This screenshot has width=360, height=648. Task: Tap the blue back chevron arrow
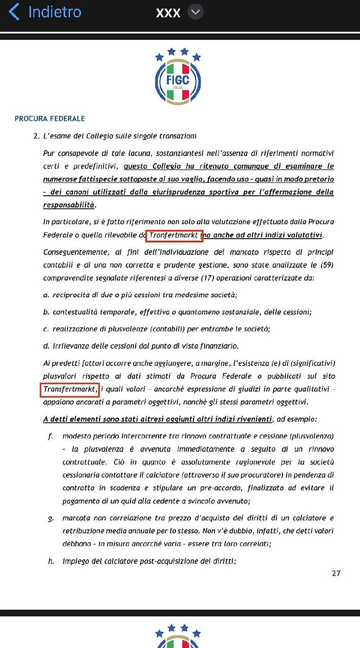coord(14,12)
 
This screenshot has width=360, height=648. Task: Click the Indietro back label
coord(55,12)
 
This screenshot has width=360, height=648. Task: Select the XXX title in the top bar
coord(168,13)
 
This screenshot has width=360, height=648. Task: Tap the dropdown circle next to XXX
coord(196,12)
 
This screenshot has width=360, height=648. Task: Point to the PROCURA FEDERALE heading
coord(50,118)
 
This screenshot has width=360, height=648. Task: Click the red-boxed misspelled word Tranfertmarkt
coord(175,235)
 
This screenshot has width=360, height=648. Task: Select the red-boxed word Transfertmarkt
coord(70,390)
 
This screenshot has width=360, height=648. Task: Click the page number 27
coord(336,574)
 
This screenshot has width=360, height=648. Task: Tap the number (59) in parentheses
coord(327,265)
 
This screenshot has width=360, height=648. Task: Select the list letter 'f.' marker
coord(51,436)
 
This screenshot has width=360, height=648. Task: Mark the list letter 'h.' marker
coord(51,561)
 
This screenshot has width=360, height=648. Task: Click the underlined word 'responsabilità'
coord(69,204)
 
